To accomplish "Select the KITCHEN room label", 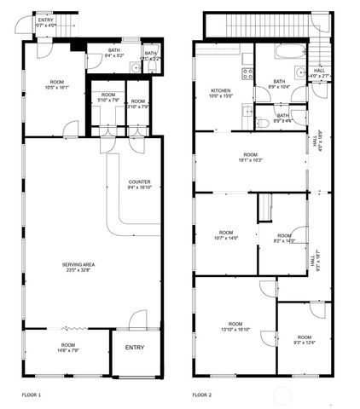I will (x=221, y=91).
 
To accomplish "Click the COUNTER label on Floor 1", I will (x=140, y=182).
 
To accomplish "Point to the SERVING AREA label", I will (x=78, y=265).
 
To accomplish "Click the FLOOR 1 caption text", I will (x=32, y=395).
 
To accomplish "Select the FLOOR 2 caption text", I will (x=202, y=395).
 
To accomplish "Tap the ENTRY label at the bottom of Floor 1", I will (x=135, y=348).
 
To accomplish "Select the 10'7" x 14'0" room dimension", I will (x=226, y=238).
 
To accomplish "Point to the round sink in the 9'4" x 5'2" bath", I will (x=135, y=66).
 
